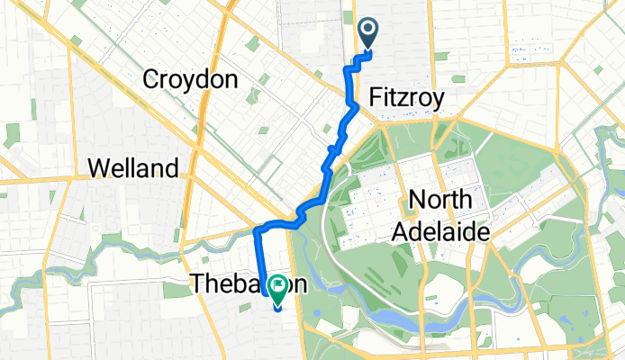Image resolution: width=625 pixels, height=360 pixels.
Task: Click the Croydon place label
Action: click(x=190, y=80)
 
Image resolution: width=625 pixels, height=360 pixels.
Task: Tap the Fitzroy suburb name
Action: click(x=406, y=99)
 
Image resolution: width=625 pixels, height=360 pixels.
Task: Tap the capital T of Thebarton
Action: click(x=197, y=285)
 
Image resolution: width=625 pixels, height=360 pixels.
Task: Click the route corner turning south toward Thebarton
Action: click(x=258, y=230)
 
